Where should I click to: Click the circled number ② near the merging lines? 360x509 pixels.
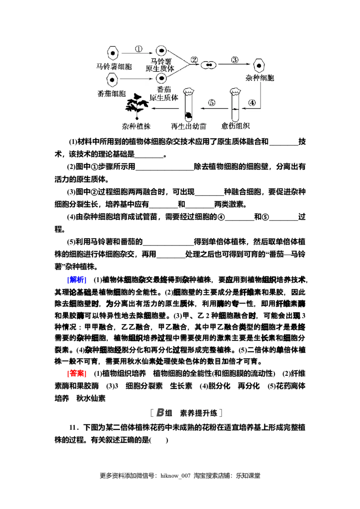click(x=194, y=59)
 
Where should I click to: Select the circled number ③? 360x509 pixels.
click(x=234, y=59)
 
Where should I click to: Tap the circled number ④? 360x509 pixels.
click(x=252, y=102)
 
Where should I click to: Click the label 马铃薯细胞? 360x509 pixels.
click(x=114, y=67)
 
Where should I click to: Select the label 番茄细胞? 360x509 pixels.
click(x=112, y=94)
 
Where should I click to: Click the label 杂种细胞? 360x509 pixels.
click(x=260, y=78)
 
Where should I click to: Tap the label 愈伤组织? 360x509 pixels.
click(x=236, y=126)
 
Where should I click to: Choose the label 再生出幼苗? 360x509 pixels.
click(x=189, y=126)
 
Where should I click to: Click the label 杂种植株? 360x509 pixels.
click(x=136, y=126)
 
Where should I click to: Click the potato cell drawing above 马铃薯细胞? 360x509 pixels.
click(x=114, y=53)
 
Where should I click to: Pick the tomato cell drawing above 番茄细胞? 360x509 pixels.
click(x=112, y=80)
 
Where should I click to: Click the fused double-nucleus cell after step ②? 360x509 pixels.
click(x=208, y=65)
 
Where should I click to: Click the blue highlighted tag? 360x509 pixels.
click(x=80, y=280)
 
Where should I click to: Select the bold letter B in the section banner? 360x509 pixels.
click(x=160, y=413)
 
